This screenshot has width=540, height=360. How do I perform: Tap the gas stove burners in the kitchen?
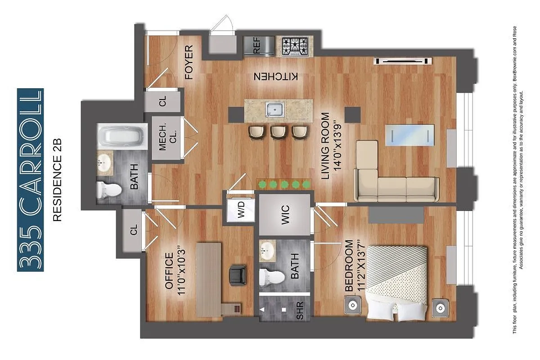coord(295,46)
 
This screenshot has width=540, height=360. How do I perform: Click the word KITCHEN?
coord(276,76)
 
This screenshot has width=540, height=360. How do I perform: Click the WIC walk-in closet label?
coord(284,213)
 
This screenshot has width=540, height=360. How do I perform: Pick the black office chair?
coord(238,274)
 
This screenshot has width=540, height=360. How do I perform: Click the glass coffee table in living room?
coord(410,135)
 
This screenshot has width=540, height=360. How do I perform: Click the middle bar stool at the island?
coord(278,131)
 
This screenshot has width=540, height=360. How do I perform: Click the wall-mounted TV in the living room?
coord(404,60)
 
